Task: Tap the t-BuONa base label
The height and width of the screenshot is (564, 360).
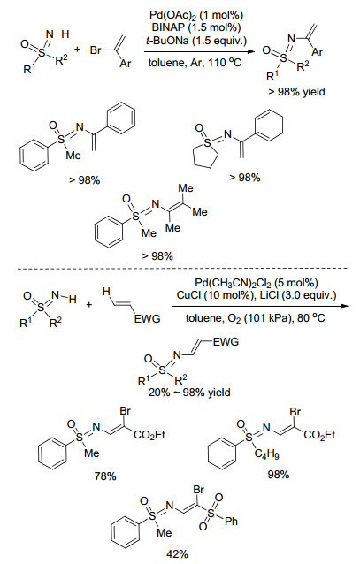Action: pos(167,40)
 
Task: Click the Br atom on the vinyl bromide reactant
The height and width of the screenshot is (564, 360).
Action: pos(96,50)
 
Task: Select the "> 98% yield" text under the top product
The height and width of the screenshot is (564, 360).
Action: pos(296,92)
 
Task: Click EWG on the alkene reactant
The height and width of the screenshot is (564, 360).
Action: pos(147,318)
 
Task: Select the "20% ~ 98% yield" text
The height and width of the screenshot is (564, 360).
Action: pos(189,392)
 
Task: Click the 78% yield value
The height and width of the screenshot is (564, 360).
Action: pos(105,476)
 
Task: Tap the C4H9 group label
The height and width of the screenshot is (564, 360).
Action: pos(266,454)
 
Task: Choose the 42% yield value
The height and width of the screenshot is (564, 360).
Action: pos(177,554)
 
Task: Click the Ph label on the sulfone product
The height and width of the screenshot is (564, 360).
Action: pos(231,522)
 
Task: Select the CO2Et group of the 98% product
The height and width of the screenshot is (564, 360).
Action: pos(319,435)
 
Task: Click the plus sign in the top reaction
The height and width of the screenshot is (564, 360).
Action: pos(77,50)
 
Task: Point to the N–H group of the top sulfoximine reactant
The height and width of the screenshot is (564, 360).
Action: pos(57,34)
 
